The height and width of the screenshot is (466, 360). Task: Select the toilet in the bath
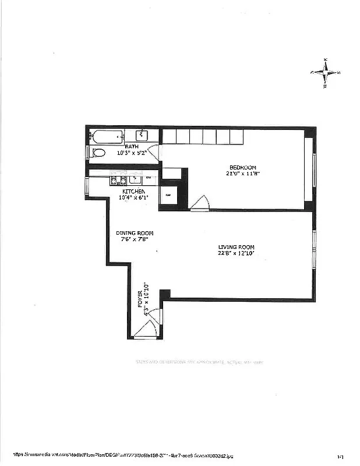pyautogui.click(x=98, y=153)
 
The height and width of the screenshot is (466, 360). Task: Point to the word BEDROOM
pyautogui.click(x=243, y=167)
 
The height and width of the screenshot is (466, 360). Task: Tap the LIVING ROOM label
pyautogui.click(x=236, y=247)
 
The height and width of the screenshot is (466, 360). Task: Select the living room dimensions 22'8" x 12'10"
pyautogui.click(x=236, y=253)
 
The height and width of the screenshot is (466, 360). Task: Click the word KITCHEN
pyautogui.click(x=133, y=191)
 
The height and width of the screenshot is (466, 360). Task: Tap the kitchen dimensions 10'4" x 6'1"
pyautogui.click(x=133, y=197)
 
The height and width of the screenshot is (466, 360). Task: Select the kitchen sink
pyautogui.click(x=135, y=180)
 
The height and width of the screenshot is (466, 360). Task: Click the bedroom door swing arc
pyautogui.click(x=200, y=203)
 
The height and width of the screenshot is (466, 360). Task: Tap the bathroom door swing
pyautogui.click(x=153, y=153)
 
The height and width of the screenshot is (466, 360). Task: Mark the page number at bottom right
pyautogui.click(x=340, y=457)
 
